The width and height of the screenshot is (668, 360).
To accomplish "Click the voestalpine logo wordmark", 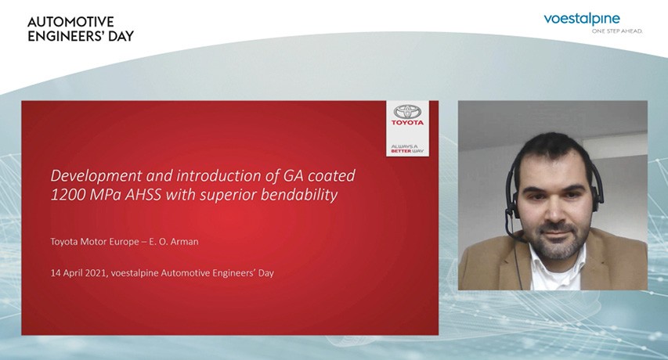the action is click(582, 20).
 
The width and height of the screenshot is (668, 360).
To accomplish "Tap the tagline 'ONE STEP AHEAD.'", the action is click(617, 31).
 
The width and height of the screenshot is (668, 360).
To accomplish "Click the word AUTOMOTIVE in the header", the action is click(70, 22).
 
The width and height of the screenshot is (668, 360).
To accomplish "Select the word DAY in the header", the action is click(118, 36).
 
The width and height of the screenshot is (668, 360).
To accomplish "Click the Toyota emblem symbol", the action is click(408, 112).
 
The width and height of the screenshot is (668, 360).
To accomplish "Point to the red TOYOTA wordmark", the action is click(408, 123).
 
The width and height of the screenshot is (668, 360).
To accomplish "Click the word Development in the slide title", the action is click(96, 176).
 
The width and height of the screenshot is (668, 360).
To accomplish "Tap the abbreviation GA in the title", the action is click(294, 176).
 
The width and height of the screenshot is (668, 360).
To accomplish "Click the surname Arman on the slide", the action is click(184, 242).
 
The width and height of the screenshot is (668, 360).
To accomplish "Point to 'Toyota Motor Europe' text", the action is click(95, 242).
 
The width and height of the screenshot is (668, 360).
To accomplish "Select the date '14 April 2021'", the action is click(78, 273).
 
